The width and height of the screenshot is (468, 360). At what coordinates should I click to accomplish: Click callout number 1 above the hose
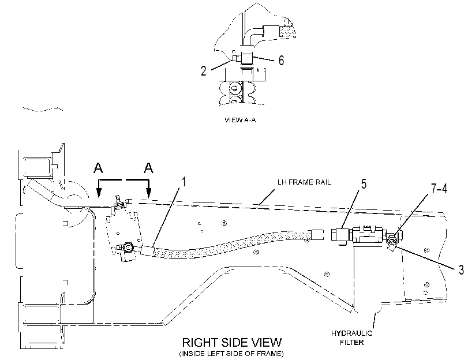pyautogui.click(x=184, y=182)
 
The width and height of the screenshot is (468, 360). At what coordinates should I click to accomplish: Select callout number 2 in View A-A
pyautogui.click(x=204, y=71)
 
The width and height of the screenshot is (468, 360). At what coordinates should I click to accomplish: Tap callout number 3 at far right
pyautogui.click(x=461, y=269)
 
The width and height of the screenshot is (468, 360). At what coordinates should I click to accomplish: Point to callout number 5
pyautogui.click(x=364, y=184)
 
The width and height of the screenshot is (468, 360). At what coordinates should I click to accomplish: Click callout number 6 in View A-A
pyautogui.click(x=281, y=61)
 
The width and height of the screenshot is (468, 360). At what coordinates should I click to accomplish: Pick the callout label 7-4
pyautogui.click(x=439, y=189)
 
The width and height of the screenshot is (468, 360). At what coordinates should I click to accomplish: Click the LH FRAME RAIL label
pyautogui.click(x=304, y=182)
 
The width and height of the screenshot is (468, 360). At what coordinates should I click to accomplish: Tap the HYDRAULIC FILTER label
pyautogui.click(x=352, y=337)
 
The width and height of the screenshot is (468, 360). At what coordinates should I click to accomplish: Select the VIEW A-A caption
pyautogui.click(x=240, y=120)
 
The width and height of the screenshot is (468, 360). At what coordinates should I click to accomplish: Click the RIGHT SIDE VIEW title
pyautogui.click(x=231, y=342)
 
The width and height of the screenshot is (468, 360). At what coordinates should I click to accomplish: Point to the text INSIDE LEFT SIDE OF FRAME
pyautogui.click(x=231, y=354)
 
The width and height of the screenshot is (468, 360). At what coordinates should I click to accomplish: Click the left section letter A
pyautogui.click(x=98, y=168)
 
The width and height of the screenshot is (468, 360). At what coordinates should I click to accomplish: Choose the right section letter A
pyautogui.click(x=148, y=168)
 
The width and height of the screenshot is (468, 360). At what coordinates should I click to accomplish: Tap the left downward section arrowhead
pyautogui.click(x=99, y=193)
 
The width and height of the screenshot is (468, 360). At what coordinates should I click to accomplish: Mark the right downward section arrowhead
pyautogui.click(x=149, y=193)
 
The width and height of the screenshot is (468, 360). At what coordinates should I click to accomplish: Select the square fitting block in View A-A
pyautogui.click(x=246, y=58)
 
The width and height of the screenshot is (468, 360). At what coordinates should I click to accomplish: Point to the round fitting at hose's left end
pyautogui.click(x=129, y=247)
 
